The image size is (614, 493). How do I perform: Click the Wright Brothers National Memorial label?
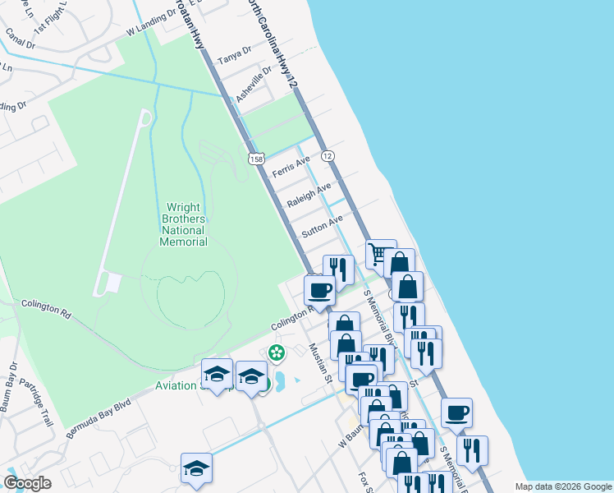click(x=184, y=224)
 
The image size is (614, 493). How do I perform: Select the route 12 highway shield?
click(x=328, y=156)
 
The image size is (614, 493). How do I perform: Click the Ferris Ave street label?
click(x=291, y=168)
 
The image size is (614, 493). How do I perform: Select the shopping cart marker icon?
click(x=378, y=254)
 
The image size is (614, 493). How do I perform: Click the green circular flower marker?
click(x=277, y=353)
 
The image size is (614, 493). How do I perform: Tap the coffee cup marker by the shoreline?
click(x=457, y=412)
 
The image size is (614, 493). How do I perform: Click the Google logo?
click(x=28, y=483)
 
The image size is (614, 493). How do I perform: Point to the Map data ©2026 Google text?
click(x=562, y=486)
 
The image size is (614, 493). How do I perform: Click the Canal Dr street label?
click(x=20, y=39)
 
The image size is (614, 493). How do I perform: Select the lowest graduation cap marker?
click(x=196, y=468)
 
